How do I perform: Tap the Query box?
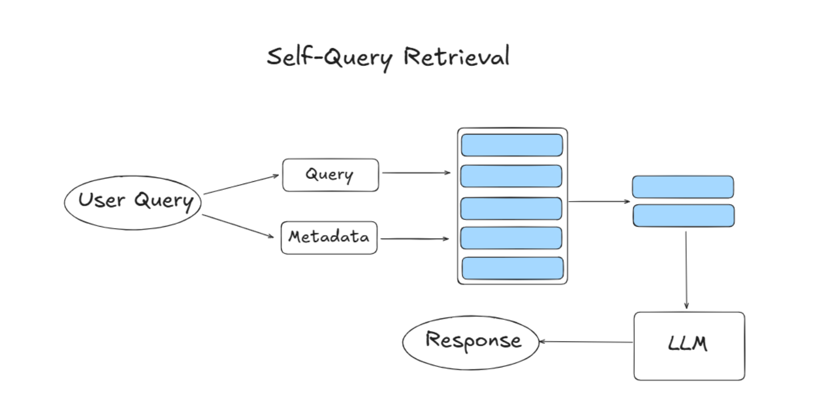coord(330,175)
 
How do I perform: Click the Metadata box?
coord(329,237)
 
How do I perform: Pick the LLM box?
coord(688,345)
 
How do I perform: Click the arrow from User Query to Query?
coord(241,185)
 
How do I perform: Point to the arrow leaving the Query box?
coord(416,173)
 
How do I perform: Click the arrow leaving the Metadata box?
coord(415,239)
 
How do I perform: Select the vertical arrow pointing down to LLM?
coord(686,270)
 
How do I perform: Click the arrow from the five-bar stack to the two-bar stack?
coord(599,201)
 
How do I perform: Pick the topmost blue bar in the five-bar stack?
coord(512,145)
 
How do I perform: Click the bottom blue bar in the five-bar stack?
coord(512,268)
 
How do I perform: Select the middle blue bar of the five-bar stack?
coord(511,208)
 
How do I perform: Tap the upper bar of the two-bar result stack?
coord(683,187)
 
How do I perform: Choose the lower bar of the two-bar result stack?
coord(683,216)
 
